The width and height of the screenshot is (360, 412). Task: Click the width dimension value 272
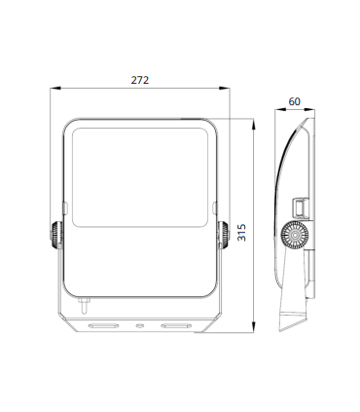tap(140, 80)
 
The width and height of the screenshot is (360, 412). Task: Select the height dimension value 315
tap(241, 231)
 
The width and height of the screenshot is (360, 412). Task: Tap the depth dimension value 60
tap(294, 102)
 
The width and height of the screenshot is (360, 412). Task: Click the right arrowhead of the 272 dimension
tap(227, 89)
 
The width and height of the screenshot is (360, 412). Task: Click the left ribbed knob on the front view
tap(51, 236)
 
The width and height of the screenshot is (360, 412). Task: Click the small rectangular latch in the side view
tap(302, 206)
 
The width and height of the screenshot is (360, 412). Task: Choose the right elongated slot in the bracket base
tap(177, 324)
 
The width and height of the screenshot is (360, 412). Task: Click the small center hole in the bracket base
tap(140, 324)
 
